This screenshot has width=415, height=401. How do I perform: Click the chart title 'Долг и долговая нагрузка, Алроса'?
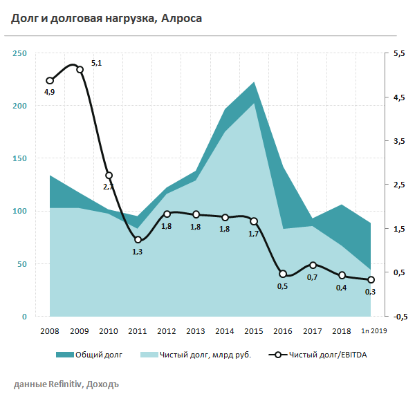tap(107, 19)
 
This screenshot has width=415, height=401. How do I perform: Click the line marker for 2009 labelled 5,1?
tap(80, 69)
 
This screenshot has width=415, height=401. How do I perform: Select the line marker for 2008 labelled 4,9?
tap(50, 80)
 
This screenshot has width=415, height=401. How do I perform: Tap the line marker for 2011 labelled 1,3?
tap(138, 239)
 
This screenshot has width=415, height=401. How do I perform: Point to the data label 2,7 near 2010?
tap(109, 187)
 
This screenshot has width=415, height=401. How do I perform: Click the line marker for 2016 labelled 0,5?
tap(283, 274)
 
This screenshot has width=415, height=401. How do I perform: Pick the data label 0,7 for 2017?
tap(312, 277)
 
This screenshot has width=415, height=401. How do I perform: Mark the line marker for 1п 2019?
tap(371, 280)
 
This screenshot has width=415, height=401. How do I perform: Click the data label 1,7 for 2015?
tap(253, 234)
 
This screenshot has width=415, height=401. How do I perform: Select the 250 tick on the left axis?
tap(20, 53)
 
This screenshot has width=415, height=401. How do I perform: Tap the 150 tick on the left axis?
tap(20, 158)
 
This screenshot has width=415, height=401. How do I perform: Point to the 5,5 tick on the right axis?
tap(398, 53)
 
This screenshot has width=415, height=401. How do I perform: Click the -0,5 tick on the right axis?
tap(398, 317)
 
